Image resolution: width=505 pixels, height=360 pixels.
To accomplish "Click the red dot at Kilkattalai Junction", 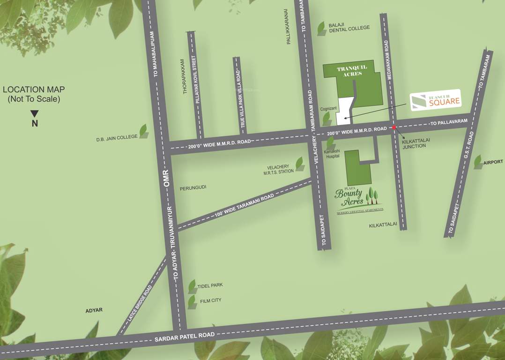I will [x=394, y=127].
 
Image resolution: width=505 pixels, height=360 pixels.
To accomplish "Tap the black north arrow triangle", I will [x=35, y=113].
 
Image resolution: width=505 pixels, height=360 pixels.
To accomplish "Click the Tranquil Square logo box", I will [x=436, y=100].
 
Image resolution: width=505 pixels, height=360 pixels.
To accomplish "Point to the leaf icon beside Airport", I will [x=478, y=162].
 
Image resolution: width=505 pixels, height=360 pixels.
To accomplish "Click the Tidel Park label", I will [x=210, y=285].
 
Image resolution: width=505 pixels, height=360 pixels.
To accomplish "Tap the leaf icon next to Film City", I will [x=192, y=301].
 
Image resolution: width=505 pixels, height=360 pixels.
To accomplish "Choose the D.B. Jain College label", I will [x=117, y=137].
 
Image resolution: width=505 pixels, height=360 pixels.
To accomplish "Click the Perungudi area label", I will [x=193, y=187].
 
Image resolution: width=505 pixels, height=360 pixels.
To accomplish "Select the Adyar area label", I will [x=94, y=310].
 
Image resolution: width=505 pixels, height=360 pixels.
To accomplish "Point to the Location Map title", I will [x=34, y=94].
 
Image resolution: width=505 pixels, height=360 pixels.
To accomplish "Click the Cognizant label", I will [x=328, y=109].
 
